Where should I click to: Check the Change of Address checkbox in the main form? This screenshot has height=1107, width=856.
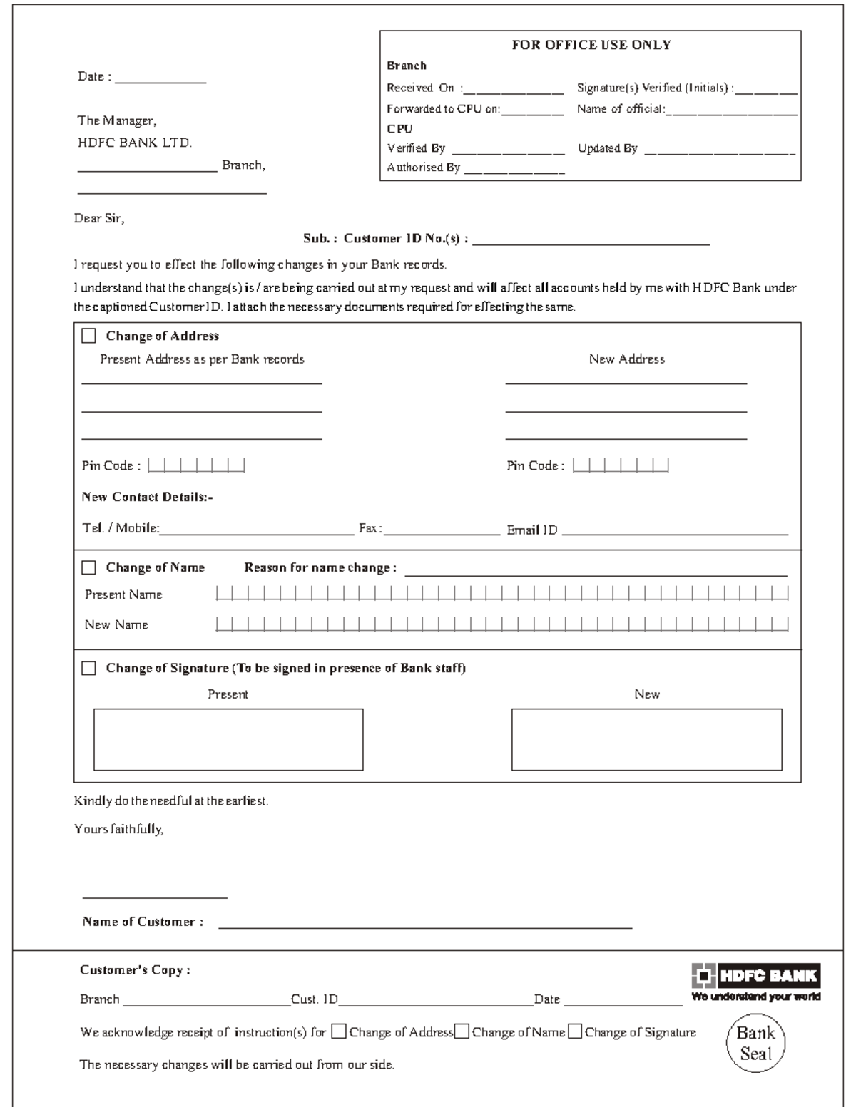click(x=88, y=336)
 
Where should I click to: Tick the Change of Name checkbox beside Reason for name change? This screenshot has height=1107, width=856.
click(x=88, y=567)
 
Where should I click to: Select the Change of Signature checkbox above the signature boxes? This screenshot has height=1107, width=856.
click(x=88, y=668)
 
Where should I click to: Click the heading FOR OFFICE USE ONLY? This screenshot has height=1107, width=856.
click(x=591, y=45)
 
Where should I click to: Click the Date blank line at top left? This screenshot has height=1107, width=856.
click(x=160, y=81)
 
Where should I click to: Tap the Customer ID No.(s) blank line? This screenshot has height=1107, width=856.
click(x=591, y=242)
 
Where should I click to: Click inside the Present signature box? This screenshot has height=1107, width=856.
click(x=228, y=739)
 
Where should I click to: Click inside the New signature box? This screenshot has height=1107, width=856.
click(x=646, y=739)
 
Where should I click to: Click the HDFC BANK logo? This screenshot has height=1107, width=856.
click(x=755, y=976)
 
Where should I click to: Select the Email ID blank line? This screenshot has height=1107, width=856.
click(x=675, y=532)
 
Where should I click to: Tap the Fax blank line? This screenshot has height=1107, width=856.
click(x=442, y=532)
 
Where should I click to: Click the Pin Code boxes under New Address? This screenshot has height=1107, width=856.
click(x=621, y=466)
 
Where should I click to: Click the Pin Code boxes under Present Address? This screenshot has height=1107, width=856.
click(x=196, y=466)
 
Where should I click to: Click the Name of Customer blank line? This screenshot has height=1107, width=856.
click(x=425, y=925)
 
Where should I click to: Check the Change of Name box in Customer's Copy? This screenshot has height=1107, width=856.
click(x=462, y=1031)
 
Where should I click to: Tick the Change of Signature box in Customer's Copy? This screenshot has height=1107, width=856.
click(x=575, y=1031)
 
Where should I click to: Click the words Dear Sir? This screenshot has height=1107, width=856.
click(x=99, y=219)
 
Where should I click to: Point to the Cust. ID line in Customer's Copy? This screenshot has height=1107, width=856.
click(x=435, y=1002)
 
